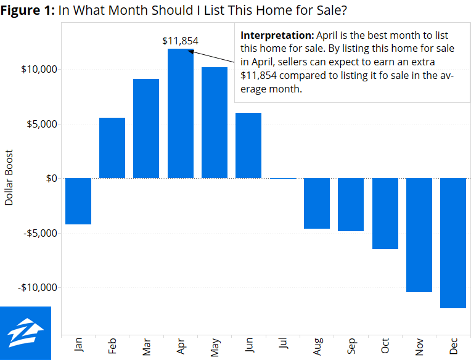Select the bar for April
click(181, 114)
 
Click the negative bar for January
click(78, 201)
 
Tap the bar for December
click(453, 243)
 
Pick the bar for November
click(419, 235)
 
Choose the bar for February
click(112, 148)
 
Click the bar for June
click(248, 145)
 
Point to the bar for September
click(351, 205)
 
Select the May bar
click(215, 123)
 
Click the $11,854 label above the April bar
click(180, 41)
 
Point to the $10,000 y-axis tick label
click(39, 69)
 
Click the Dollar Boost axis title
click(9, 178)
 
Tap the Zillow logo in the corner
click(25, 333)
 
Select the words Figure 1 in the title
click(28, 10)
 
